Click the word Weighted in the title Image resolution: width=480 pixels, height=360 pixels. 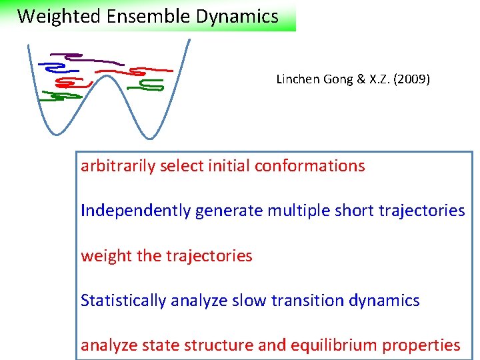pos(51,17)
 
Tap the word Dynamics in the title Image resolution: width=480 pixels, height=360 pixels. pos(237,17)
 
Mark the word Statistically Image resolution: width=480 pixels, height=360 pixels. pos(123,301)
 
